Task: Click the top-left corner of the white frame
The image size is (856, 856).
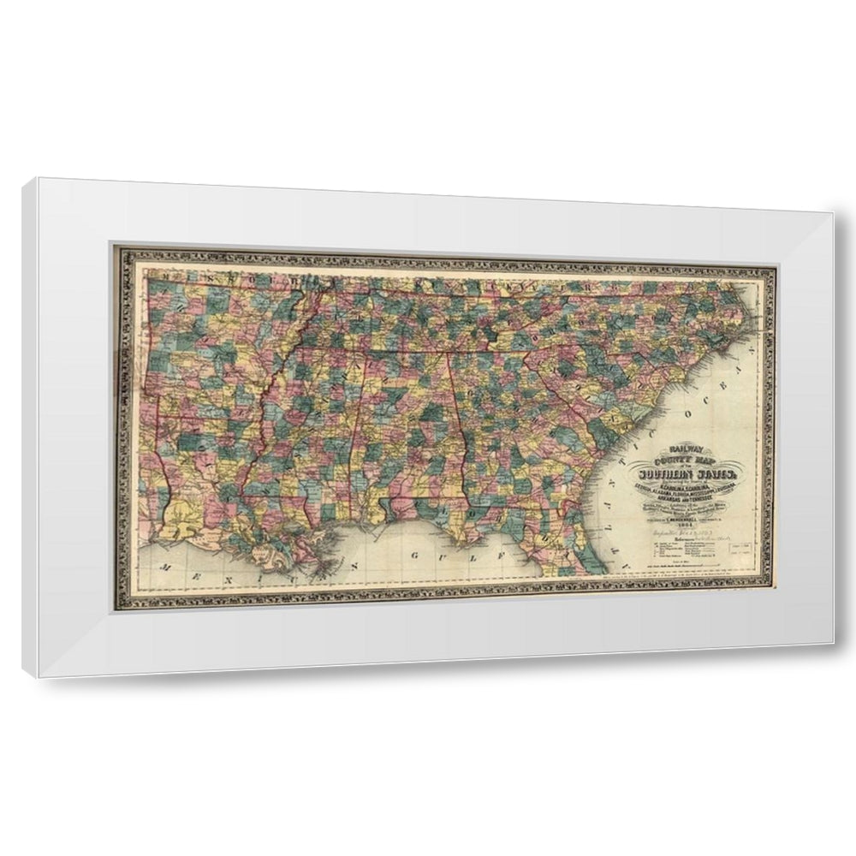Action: [x=27, y=181]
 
